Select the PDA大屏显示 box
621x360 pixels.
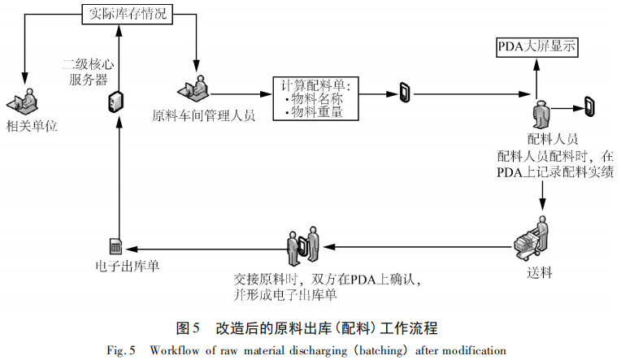point(536,46)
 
